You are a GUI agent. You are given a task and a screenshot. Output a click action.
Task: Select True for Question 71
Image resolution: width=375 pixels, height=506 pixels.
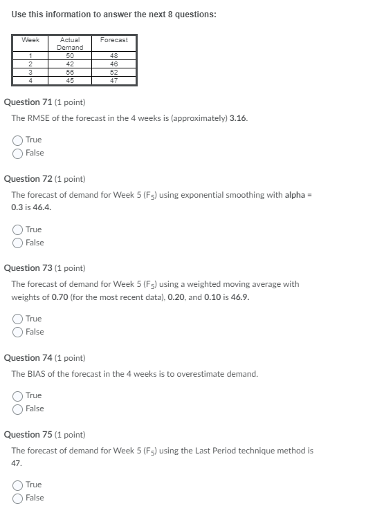point(17,140)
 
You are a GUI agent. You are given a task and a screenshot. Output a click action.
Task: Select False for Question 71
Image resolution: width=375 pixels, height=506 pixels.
point(17,153)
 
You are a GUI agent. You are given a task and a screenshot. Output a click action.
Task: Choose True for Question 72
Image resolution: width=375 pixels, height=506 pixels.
point(17,229)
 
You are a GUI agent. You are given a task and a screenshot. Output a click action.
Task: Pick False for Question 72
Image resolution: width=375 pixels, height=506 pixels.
point(17,243)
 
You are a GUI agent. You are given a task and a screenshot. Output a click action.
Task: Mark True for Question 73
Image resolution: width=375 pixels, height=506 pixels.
point(17,319)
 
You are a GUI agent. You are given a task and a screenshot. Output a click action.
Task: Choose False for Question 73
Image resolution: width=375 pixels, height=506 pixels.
point(17,332)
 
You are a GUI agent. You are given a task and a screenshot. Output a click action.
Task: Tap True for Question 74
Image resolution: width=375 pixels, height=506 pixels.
point(17,395)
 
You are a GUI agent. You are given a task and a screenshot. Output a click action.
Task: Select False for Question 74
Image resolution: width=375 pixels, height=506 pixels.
point(17,409)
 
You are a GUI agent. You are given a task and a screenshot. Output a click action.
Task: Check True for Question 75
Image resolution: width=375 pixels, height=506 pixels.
point(17,485)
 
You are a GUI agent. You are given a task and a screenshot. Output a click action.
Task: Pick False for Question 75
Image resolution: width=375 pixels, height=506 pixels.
point(17,498)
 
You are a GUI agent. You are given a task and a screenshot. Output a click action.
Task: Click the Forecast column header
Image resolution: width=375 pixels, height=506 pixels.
point(113,40)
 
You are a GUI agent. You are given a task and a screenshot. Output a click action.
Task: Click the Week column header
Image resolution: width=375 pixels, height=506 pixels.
point(30,40)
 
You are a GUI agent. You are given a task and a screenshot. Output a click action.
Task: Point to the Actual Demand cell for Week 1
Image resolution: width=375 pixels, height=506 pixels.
point(70,55)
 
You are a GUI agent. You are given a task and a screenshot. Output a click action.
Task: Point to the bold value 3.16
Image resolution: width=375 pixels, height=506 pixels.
point(238,118)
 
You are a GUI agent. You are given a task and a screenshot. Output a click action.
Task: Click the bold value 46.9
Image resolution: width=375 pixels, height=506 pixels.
point(241,297)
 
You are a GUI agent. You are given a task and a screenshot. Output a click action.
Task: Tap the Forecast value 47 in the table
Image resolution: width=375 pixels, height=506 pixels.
point(113,80)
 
